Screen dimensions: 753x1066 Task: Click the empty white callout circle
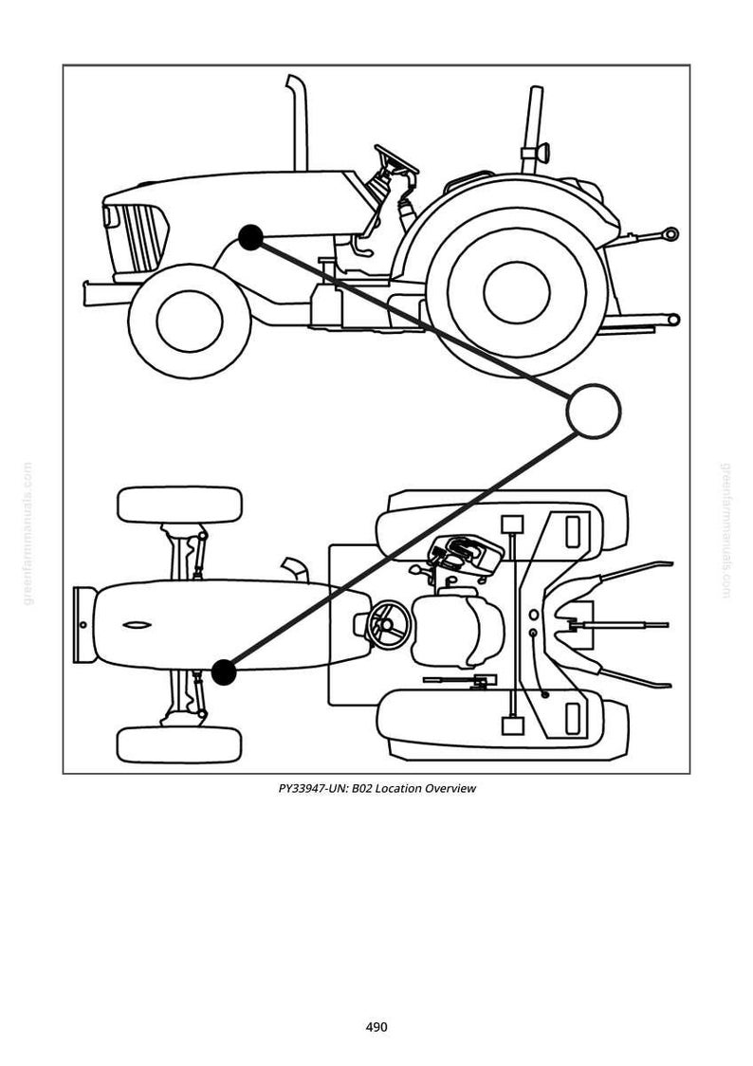[594, 411]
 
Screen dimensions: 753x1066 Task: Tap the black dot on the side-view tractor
[250, 237]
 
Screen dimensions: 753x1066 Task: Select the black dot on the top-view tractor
[224, 672]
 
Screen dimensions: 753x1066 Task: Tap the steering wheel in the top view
[388, 625]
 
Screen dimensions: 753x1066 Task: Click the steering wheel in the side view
[395, 158]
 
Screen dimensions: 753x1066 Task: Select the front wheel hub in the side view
[190, 321]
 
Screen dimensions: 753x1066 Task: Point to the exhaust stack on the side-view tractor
[297, 122]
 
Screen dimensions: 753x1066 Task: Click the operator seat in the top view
[457, 631]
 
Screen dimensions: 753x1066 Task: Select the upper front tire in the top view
[179, 505]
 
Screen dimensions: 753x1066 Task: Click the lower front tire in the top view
[179, 744]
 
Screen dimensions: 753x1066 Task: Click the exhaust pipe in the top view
[295, 570]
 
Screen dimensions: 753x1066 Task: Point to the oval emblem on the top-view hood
[138, 625]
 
